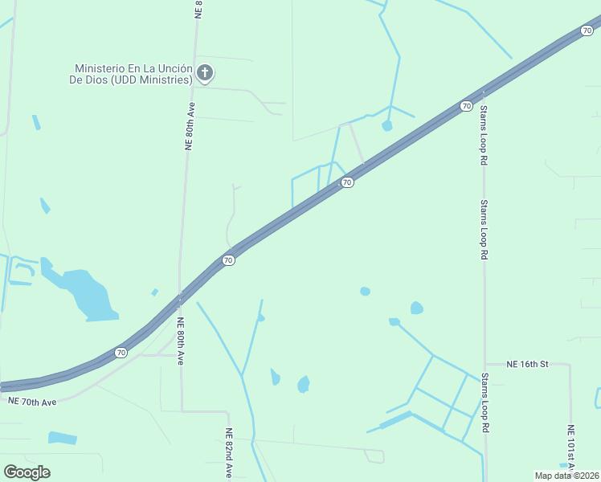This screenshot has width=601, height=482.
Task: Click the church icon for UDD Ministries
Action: pyautogui.click(x=205, y=74)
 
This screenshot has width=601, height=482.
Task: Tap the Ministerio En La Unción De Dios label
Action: pyautogui.click(x=133, y=74)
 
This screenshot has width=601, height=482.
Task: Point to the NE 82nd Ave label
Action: pyautogui.click(x=229, y=455)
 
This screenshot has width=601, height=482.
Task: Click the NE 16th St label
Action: pyautogui.click(x=527, y=364)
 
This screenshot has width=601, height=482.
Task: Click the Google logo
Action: pyautogui.click(x=27, y=472)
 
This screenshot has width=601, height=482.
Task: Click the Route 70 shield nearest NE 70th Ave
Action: pyautogui.click(x=121, y=352)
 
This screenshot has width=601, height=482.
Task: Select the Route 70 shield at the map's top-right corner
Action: pyautogui.click(x=587, y=31)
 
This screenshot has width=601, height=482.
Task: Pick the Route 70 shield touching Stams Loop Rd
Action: pyautogui.click(x=466, y=105)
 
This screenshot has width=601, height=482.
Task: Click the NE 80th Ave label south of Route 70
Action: pyautogui.click(x=181, y=341)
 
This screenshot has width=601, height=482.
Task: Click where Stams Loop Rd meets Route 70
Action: pyautogui.click(x=482, y=93)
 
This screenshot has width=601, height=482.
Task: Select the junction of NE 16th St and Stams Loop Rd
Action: pyautogui.click(x=484, y=364)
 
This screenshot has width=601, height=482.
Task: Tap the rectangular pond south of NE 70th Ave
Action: pyautogui.click(x=63, y=438)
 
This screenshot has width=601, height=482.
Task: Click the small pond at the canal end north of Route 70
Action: pyautogui.click(x=387, y=125)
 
